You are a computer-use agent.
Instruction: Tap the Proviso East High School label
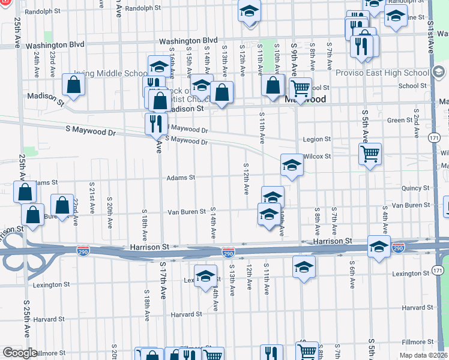[391, 73]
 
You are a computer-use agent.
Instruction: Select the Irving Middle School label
[119, 74]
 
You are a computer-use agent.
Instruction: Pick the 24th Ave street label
[37, 62]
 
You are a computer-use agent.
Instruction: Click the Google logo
[20, 353]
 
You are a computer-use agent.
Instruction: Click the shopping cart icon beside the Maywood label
[301, 88]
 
